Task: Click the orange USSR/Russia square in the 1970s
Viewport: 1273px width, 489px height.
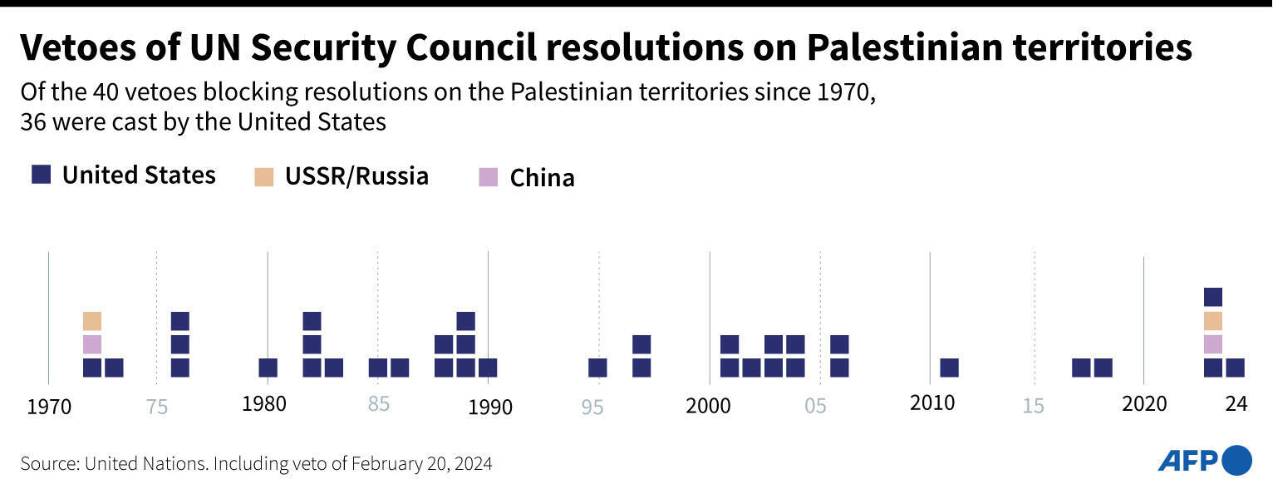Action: click(x=92, y=321)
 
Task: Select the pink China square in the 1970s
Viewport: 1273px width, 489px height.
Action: click(x=92, y=344)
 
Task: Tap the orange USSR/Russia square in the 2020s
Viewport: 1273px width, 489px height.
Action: click(x=1213, y=321)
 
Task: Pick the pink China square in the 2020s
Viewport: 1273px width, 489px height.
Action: click(x=1213, y=344)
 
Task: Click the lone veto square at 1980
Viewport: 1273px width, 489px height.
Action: click(x=268, y=368)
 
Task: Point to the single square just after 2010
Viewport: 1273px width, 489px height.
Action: click(x=949, y=368)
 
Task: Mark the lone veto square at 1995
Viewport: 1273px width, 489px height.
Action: click(x=597, y=368)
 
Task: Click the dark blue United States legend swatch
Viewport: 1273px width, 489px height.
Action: click(x=42, y=175)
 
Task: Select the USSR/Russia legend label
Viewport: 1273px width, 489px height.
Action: click(x=356, y=176)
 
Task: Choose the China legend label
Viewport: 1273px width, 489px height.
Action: click(x=542, y=178)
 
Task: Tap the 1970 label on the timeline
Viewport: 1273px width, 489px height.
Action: click(x=48, y=407)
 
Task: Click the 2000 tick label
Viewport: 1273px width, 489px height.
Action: click(x=708, y=406)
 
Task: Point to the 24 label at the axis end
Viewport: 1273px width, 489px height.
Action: click(x=1236, y=404)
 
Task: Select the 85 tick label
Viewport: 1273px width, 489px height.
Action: click(x=378, y=405)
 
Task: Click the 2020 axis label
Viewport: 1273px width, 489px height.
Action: click(x=1143, y=405)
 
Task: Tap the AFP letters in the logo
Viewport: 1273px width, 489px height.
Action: click(x=1188, y=460)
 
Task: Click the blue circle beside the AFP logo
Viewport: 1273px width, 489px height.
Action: click(x=1237, y=460)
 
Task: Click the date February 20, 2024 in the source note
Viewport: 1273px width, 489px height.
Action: click(x=421, y=463)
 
